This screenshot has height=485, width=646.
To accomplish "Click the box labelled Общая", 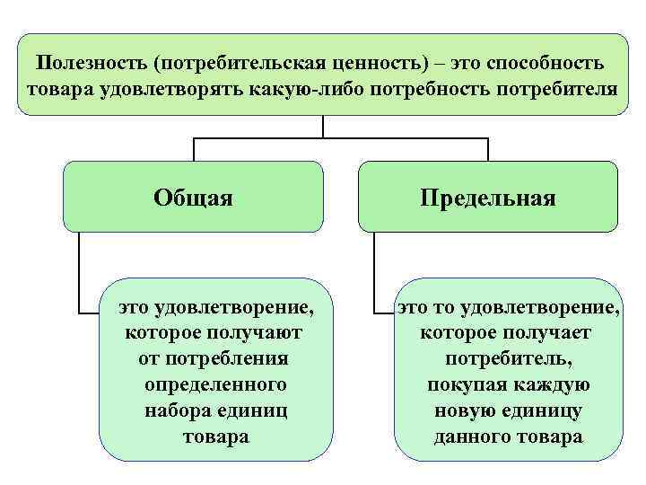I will click(x=194, y=197).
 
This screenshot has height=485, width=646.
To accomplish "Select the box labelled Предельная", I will click(x=488, y=197).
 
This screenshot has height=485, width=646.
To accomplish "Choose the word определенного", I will click(x=215, y=385).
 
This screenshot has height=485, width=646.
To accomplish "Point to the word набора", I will click(x=176, y=411).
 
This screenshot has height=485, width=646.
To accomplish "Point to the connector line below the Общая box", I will click(x=80, y=269).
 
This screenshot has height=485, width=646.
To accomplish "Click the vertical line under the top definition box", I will click(x=323, y=126).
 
